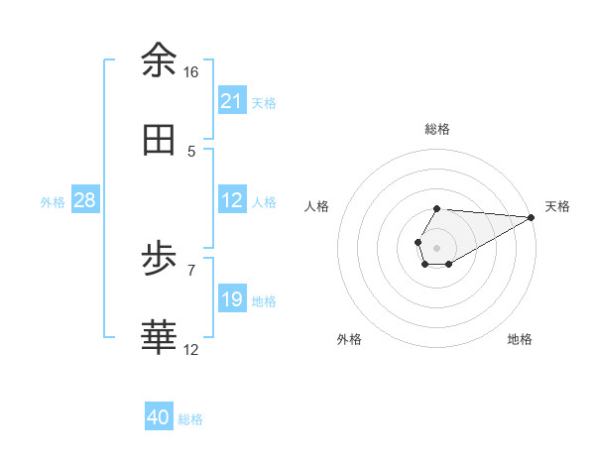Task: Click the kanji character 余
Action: pos(159,60)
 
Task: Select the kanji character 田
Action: pos(159,140)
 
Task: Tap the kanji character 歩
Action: pos(159,261)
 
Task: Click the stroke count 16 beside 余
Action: pos(190,72)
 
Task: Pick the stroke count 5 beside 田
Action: pos(191,152)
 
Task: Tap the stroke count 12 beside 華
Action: pos(191,349)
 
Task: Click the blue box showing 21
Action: pos(232,101)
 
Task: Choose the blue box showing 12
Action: pos(232,200)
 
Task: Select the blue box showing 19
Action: pos(232,299)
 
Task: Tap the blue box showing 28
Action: pos(85,200)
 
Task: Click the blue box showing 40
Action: pos(159,418)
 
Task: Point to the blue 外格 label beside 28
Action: pos(53,201)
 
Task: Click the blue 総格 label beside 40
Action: pos(190,419)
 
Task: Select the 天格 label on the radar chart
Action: pos(557,206)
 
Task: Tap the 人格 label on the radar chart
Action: pos(317,206)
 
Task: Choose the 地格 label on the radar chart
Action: pos(520,339)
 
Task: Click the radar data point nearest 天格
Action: pos(532,217)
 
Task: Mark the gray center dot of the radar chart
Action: pos(436,246)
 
